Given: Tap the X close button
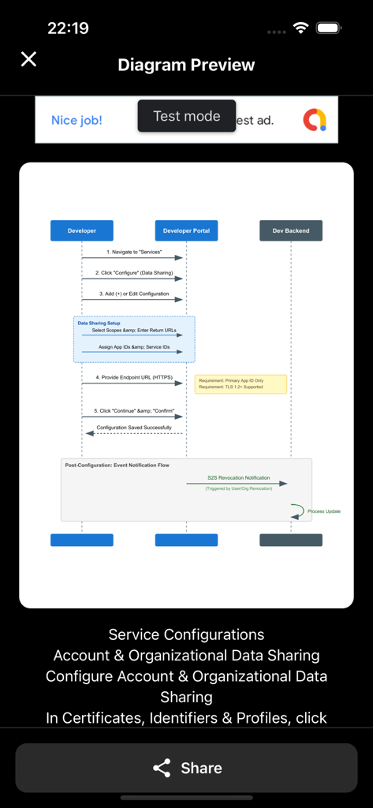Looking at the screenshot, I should pos(28,59).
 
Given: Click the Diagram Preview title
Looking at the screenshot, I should pos(186,65).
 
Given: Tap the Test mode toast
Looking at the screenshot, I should pos(186,116).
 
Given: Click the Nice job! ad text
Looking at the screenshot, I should pos(76,120).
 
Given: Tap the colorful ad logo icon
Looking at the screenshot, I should pos(315,120).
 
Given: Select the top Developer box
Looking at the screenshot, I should pos(82,230).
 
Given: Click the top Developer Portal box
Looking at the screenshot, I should pos(186,230).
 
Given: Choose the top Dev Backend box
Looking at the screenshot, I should pos(291,230).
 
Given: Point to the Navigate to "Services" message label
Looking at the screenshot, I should pos(134,252).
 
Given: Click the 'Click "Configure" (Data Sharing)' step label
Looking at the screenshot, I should pos(134,272).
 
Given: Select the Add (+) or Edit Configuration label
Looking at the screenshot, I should pos(134,294).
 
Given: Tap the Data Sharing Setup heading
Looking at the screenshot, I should pos(99,323).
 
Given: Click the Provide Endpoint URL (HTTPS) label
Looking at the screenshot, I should pos(134,377).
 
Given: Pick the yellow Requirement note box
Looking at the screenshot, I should pos(241,384).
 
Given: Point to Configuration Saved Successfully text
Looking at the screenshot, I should pos(134,427).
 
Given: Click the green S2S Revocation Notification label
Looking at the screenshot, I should pos(238,477).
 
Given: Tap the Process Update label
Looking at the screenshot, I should pos(324,511).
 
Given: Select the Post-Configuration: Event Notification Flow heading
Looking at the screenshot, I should pos(117,466).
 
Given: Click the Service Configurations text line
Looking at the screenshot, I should pos(186,634).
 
